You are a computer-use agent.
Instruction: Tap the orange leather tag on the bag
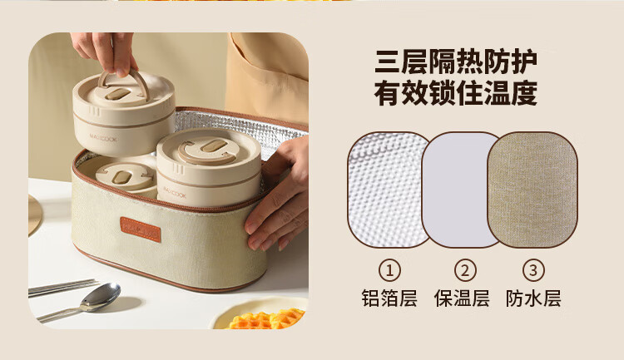(x=141, y=229)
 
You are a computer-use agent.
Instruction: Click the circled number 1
(x=389, y=270)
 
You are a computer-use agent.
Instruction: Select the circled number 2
(x=465, y=270)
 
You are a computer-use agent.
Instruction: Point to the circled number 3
(x=533, y=270)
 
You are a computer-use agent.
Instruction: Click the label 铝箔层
(x=389, y=298)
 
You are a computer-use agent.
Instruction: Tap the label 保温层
(x=462, y=298)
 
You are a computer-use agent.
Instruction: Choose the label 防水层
(x=533, y=298)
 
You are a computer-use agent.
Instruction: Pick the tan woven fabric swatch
(x=532, y=190)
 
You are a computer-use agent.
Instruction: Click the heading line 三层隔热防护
(x=456, y=62)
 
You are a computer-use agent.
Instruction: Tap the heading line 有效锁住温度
(x=456, y=93)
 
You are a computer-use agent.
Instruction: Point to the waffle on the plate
(x=266, y=319)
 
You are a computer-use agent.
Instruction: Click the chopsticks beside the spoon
(x=63, y=287)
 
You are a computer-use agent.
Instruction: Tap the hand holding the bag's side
(x=278, y=199)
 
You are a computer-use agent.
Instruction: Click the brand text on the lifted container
(x=103, y=139)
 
